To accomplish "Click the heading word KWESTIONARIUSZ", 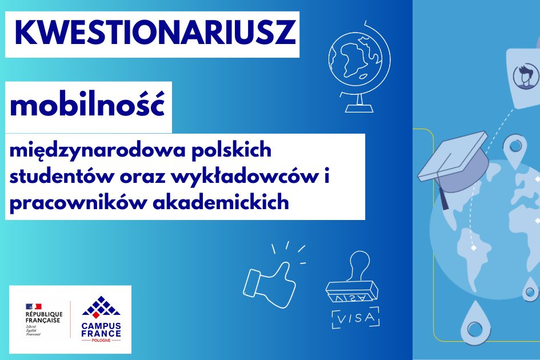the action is click(155, 33).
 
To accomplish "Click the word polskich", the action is click(231, 150).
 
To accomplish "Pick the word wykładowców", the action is click(244, 177).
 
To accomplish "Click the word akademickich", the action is click(221, 202).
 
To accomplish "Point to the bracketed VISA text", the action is click(355, 318).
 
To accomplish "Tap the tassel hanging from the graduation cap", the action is click(443, 198).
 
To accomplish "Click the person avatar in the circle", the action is click(526, 76).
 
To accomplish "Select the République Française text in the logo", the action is click(44, 317).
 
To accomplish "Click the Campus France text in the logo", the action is click(101, 330).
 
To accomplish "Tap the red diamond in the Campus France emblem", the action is click(96, 314).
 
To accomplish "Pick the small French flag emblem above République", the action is click(33, 306).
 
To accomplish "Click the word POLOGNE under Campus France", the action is click(101, 341).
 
